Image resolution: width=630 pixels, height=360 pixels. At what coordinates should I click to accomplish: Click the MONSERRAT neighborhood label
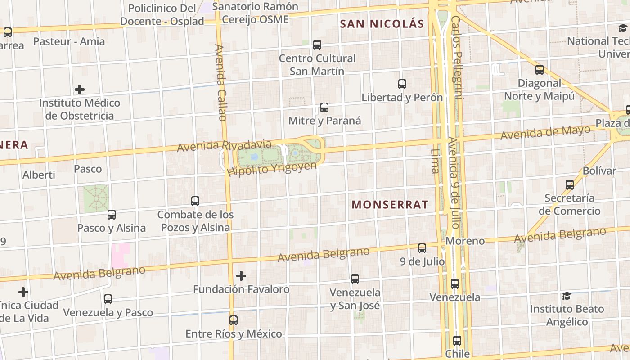[390, 205]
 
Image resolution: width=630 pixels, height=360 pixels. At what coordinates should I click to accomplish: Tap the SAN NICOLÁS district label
[382, 24]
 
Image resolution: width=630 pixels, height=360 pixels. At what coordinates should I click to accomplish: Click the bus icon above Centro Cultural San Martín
[317, 45]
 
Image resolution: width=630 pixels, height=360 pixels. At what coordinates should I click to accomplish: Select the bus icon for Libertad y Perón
[402, 84]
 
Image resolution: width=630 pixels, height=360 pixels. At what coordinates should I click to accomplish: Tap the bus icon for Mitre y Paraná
[324, 107]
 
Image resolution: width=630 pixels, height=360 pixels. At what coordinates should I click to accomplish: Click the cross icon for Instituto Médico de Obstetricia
[80, 90]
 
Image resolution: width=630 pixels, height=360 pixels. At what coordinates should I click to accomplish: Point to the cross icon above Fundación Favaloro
[241, 275]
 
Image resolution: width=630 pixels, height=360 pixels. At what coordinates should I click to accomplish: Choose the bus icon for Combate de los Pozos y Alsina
[195, 201]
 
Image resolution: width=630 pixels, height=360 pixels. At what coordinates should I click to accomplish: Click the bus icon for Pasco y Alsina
[112, 215]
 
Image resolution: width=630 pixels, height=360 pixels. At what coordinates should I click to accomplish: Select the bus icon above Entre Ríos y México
[234, 320]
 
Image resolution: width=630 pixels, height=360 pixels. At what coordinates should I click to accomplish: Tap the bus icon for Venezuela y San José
[355, 279]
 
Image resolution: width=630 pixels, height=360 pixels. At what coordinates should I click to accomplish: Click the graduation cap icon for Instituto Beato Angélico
[567, 296]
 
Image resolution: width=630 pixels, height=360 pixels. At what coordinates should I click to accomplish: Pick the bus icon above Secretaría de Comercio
[570, 184]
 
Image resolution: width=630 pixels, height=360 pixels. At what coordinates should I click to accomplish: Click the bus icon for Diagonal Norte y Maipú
[540, 70]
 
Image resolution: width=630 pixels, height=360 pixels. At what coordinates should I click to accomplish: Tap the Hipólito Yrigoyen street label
[272, 169]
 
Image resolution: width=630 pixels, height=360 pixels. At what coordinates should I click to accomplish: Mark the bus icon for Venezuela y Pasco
[108, 299]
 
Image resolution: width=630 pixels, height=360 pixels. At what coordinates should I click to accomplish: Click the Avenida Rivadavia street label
[224, 146]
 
